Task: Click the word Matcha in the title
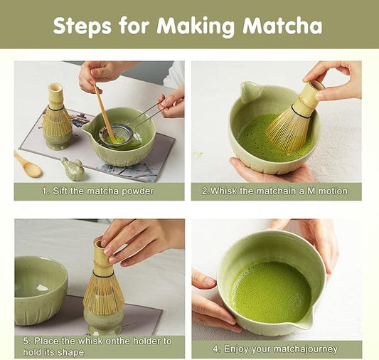pyautogui.click(x=282, y=26)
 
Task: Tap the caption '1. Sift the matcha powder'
pyautogui.click(x=97, y=191)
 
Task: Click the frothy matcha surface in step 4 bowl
pyautogui.click(x=272, y=290)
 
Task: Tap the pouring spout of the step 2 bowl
pyautogui.click(x=249, y=90)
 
